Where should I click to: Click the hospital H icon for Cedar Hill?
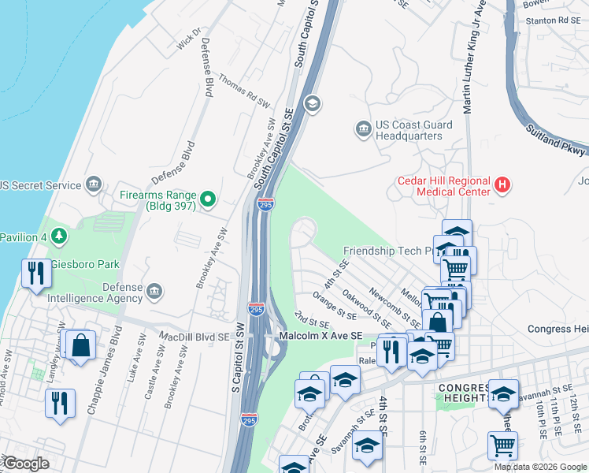pyautogui.click(x=502, y=186)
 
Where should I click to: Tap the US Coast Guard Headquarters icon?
pyautogui.click(x=363, y=128)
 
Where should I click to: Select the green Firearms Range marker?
pyautogui.click(x=209, y=199)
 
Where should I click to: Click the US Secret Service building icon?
pyautogui.click(x=94, y=185)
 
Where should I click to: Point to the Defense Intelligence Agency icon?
pyautogui.click(x=154, y=292)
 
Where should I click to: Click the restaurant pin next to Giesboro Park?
pyautogui.click(x=35, y=273)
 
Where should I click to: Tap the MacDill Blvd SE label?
pyautogui.click(x=194, y=337)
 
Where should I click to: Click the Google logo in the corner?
pyautogui.click(x=25, y=464)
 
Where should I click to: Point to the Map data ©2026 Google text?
pyautogui.click(x=540, y=467)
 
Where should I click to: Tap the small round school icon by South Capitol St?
pyautogui.click(x=313, y=104)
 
